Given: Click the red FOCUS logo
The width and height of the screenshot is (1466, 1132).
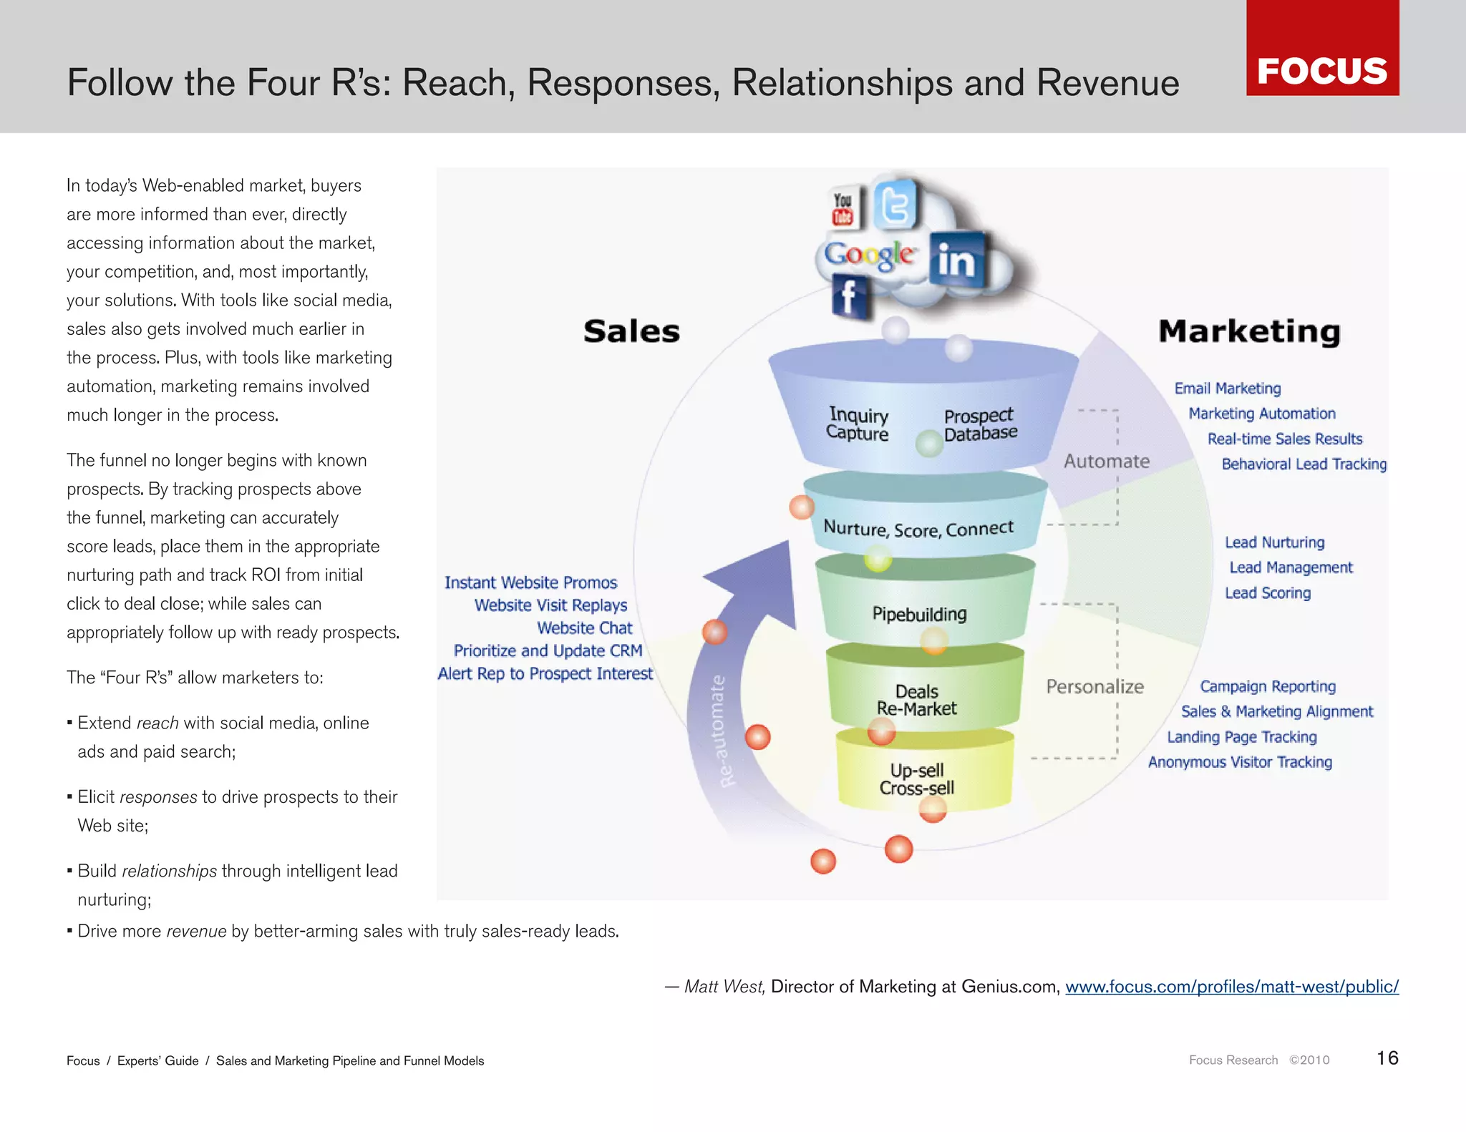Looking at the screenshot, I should (1322, 48).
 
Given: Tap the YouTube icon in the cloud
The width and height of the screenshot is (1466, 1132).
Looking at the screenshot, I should (843, 208).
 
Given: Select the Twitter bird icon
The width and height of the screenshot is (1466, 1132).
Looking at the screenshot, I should (895, 205).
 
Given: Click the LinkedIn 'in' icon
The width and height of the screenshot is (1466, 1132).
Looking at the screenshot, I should (956, 259).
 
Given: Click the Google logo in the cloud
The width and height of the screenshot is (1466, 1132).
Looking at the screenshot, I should (868, 255).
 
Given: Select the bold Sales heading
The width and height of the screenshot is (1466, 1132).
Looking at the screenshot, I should (631, 331).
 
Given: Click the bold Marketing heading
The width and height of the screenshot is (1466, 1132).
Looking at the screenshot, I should (1249, 331).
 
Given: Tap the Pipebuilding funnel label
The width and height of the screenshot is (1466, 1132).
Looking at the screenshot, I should (919, 614).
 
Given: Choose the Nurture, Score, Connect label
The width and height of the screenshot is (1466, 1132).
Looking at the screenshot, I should (918, 529).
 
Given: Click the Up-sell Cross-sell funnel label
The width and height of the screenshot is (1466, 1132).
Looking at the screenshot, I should (917, 779).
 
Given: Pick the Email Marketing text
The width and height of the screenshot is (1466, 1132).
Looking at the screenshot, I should (1227, 389).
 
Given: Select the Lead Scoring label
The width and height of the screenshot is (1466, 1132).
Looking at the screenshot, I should (1267, 593).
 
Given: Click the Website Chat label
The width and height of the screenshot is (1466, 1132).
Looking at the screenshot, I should (584, 628).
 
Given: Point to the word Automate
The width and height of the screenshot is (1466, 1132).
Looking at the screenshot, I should (1106, 462).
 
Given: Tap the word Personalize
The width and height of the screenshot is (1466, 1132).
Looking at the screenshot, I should (1094, 687).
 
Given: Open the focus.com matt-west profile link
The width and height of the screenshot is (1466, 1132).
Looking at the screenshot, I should (1231, 987).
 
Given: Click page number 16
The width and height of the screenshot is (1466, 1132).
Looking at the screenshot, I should (1387, 1058).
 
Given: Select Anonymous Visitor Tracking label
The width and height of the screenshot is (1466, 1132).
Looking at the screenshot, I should (1240, 762).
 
